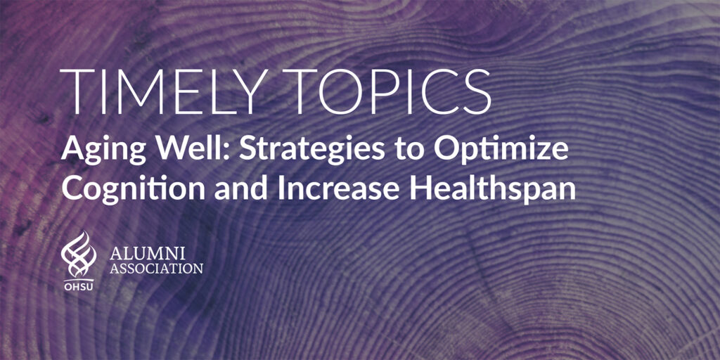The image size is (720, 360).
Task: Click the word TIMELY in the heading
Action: coord(165,92)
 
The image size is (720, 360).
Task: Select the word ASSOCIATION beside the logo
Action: coord(156,268)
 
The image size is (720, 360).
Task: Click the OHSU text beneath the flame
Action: coord(79,288)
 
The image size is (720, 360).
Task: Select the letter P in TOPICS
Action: coord(385,92)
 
